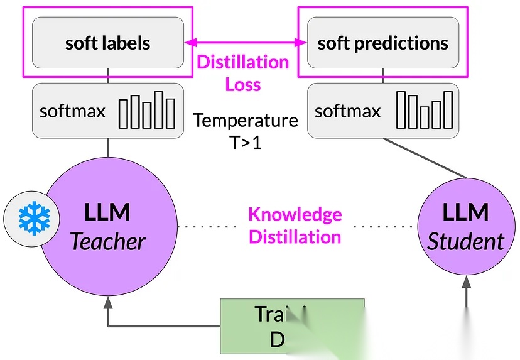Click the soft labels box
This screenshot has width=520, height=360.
pos(108,43)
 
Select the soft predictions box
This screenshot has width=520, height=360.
pos(382,43)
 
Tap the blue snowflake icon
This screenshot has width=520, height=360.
pos(28,218)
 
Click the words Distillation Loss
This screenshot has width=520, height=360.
pos(243,73)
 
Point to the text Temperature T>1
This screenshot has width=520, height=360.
pos(245,131)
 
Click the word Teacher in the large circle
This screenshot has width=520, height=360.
pos(108,241)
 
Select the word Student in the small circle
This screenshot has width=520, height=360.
pos(465,241)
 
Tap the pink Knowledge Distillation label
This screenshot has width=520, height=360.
pos(295,226)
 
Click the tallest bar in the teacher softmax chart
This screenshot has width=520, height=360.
pos(160,109)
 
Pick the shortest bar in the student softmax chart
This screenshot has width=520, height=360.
pos(425,117)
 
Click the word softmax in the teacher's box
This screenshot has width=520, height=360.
pos(72,111)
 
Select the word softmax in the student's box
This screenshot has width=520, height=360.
pos(348,111)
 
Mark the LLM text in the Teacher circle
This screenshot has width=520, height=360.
pos(108,212)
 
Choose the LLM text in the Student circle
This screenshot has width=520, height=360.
pos(465,212)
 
